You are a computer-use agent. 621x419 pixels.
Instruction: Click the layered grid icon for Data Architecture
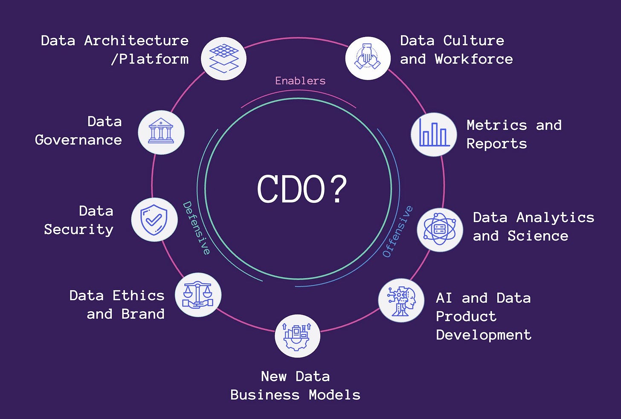tap(224, 58)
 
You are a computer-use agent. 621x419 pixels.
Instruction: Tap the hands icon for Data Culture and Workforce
tap(368, 58)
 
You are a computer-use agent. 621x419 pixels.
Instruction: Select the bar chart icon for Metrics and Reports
tap(433, 134)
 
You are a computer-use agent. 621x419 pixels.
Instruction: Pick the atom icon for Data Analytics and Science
tap(440, 230)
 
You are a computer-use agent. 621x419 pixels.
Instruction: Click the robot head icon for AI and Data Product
tap(401, 301)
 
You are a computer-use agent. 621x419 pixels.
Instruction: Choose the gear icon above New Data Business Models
tap(297, 336)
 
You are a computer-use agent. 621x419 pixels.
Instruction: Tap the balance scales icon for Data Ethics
tap(198, 295)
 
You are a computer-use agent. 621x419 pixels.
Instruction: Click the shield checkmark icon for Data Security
tap(154, 220)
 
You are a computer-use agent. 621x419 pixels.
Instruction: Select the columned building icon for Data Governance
tap(161, 132)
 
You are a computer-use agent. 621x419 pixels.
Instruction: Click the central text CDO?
tap(302, 189)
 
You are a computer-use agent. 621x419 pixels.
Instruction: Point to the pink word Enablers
tap(300, 81)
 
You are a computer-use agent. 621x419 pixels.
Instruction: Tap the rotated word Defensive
tap(197, 228)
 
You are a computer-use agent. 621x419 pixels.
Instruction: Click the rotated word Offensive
tap(398, 231)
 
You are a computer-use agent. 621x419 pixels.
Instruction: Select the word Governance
tap(78, 140)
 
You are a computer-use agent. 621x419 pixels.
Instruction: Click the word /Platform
tap(150, 59)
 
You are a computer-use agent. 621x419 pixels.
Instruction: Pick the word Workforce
tap(473, 59)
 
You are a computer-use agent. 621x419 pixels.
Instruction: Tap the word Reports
tap(496, 144)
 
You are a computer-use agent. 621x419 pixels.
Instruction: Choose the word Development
tap(484, 335)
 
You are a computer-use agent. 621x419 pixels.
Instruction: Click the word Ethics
tap(138, 295)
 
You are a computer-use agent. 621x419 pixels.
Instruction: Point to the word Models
tap(334, 395)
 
